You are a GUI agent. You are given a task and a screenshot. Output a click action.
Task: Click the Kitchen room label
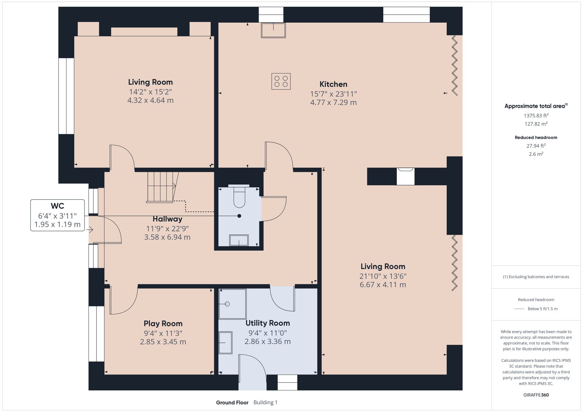click(x=333, y=84)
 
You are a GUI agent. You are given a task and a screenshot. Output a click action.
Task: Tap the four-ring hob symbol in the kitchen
click(x=281, y=81)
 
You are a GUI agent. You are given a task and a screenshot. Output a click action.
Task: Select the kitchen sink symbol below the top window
click(x=273, y=30)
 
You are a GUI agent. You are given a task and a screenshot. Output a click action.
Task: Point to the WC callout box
click(x=57, y=215)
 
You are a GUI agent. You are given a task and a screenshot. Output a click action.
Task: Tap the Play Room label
click(x=163, y=323)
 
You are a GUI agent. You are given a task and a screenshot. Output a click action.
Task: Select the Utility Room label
click(x=268, y=323)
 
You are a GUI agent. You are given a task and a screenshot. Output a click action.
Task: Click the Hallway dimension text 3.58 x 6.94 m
click(x=167, y=237)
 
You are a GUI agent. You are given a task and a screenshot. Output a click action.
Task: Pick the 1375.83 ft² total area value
click(x=536, y=116)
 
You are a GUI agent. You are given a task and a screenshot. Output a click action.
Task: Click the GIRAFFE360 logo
click(x=536, y=395)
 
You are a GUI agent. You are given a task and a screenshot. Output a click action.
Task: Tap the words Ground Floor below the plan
click(x=232, y=403)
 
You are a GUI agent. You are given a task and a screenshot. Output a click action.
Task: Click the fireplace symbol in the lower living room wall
click(x=405, y=176)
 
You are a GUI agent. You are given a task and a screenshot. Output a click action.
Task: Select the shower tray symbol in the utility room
click(x=232, y=304)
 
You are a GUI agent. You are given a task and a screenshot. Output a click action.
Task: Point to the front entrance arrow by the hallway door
click(x=90, y=230)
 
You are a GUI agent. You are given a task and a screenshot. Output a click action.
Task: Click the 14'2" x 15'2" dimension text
click(x=150, y=92)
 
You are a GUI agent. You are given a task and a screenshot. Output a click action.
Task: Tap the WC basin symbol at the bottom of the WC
click(x=239, y=241)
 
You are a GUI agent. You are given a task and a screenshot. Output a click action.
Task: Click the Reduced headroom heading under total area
click(x=536, y=137)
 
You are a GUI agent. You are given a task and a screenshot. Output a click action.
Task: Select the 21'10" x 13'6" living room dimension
click(x=383, y=276)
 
